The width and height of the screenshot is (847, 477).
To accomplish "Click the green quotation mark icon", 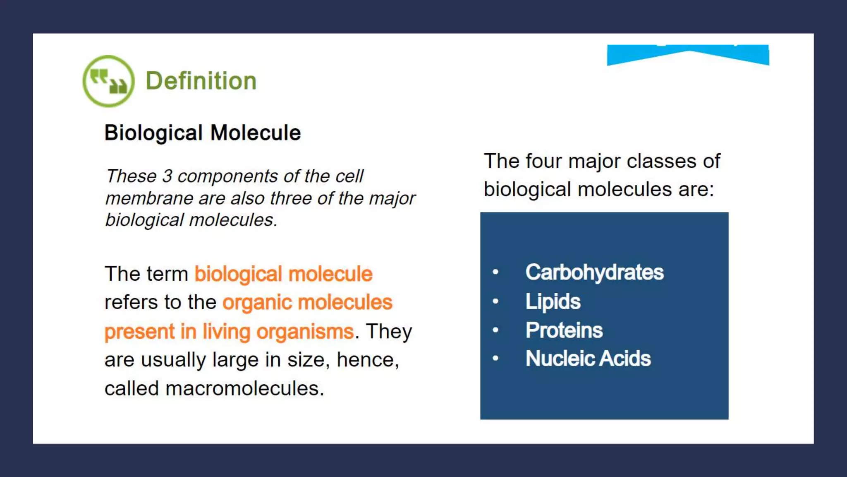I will [x=108, y=81].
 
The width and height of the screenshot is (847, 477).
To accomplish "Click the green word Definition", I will [x=201, y=81].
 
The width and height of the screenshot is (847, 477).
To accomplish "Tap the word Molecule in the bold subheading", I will [x=255, y=133].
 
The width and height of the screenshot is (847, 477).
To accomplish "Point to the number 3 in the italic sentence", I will [x=167, y=176].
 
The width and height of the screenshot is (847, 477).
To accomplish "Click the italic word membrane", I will [x=149, y=198].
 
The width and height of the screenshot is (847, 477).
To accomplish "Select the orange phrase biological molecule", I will [x=283, y=274].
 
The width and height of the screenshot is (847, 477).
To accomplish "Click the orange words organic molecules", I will [x=307, y=302].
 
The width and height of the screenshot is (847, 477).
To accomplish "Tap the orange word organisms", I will [x=305, y=332].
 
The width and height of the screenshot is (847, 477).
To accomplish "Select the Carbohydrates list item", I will [x=594, y=272].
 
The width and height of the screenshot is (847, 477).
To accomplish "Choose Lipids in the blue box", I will [x=553, y=301].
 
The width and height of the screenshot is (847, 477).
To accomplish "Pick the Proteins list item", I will [x=564, y=330].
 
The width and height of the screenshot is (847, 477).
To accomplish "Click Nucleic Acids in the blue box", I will [x=588, y=359].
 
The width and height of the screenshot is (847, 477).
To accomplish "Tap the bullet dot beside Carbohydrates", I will [x=495, y=272].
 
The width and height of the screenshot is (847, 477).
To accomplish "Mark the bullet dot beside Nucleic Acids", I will [x=495, y=359].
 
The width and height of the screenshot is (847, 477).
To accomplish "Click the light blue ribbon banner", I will [x=688, y=55].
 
